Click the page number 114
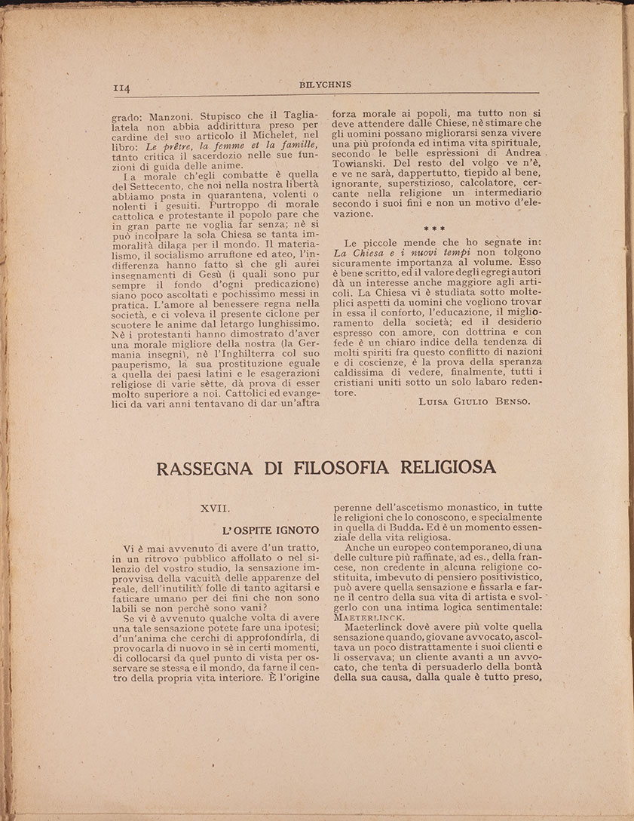tap(122, 88)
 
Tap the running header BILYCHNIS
tap(325, 85)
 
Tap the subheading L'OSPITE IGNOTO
tap(271, 530)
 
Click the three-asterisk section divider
tap(434, 229)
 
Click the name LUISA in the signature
tap(435, 401)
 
